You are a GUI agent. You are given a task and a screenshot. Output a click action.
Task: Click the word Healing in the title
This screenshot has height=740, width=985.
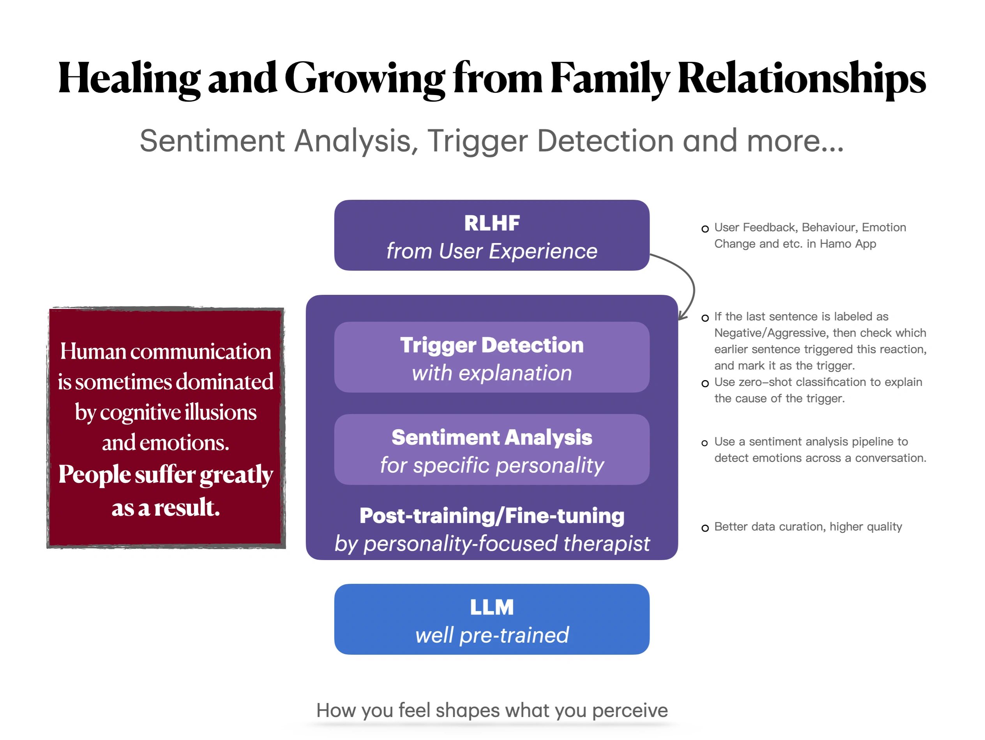point(129,79)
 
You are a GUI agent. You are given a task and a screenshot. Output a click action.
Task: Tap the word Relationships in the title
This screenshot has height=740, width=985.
point(801,79)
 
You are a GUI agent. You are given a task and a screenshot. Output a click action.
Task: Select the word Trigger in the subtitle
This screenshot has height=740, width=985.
point(477,141)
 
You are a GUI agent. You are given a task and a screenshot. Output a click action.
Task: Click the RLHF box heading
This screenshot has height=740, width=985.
point(492,223)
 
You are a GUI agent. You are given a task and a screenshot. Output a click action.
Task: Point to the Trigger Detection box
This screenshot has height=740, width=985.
point(492,357)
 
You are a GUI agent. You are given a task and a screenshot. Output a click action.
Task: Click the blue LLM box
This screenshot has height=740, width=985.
point(492,619)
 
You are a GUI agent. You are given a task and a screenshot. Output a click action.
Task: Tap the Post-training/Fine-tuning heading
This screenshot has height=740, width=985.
point(492,516)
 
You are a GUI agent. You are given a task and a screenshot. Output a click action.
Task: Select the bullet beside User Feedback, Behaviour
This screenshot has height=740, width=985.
point(705,229)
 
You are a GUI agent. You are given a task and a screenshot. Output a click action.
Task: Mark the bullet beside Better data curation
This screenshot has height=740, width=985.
point(705,528)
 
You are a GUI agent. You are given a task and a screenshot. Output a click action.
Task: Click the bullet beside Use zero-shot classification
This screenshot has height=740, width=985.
point(705,383)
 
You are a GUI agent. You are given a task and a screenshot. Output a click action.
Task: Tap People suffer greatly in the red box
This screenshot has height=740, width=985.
point(166,474)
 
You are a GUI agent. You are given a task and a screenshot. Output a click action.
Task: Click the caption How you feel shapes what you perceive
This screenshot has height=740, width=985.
point(492,710)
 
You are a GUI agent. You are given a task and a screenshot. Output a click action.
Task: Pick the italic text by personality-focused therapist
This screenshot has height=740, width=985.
point(492,544)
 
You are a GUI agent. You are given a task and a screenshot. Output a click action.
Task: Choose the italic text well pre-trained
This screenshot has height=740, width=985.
point(492,635)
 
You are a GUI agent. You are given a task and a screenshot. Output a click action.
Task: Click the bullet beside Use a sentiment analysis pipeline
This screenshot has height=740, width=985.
point(705,443)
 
